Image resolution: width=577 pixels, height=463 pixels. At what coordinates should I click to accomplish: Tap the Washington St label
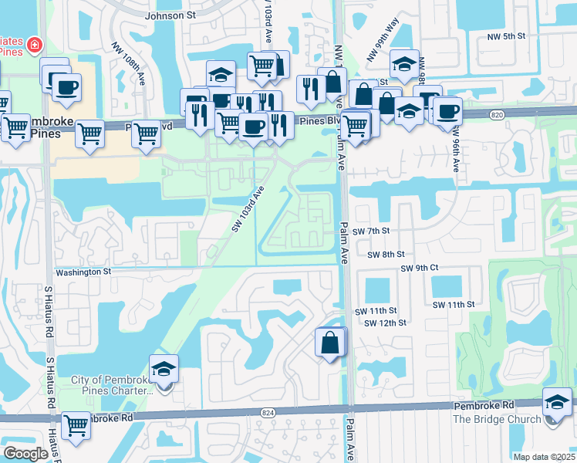(83, 272)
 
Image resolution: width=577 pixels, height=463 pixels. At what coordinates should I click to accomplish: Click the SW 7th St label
(372, 231)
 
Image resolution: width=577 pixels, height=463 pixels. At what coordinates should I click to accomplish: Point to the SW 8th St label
(386, 254)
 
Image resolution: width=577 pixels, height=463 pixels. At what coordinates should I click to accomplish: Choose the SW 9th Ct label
(419, 268)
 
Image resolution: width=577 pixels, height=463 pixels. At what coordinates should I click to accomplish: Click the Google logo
(25, 454)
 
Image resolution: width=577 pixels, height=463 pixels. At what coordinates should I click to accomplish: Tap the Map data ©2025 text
(543, 457)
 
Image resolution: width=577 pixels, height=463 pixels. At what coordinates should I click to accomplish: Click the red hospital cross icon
(35, 46)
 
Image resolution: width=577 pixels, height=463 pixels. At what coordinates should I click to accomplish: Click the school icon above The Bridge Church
(557, 402)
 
